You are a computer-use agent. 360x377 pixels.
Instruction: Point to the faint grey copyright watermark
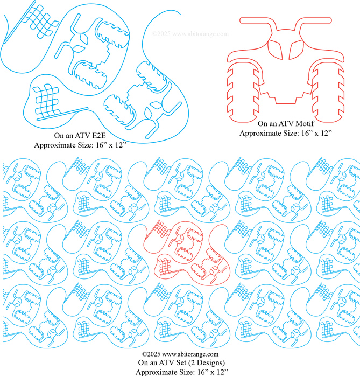coord(190,34)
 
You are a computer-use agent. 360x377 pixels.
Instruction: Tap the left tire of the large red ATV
coord(243,93)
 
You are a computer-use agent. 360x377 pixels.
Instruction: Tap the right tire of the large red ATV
coord(328,93)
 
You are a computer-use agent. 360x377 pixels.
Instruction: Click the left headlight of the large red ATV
coord(276,50)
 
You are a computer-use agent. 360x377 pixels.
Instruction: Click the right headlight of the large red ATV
coord(297,50)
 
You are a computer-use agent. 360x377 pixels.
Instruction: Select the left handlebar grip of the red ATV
coord(255,20)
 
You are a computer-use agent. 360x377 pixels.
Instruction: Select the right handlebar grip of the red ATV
coord(317,20)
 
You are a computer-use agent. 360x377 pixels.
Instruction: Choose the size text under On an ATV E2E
coord(80,145)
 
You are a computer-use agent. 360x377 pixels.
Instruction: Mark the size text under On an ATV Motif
coord(286,133)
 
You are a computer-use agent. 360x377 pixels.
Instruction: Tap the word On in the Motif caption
coord(262,123)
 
